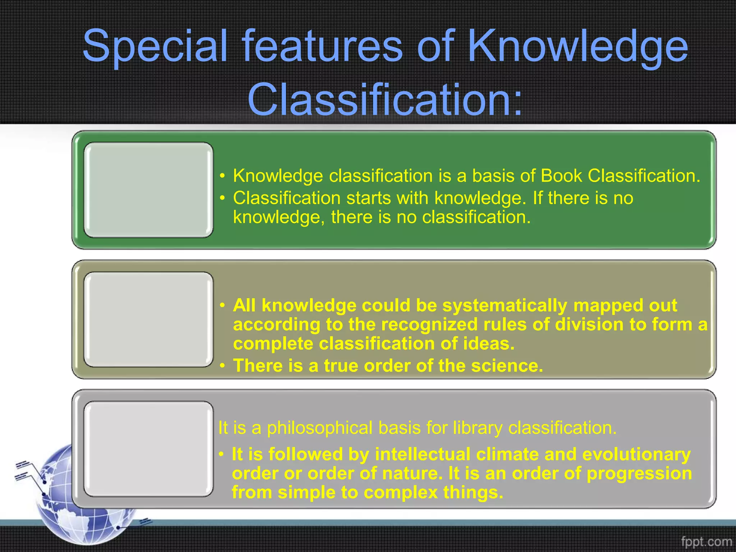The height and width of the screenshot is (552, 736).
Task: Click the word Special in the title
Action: (155, 47)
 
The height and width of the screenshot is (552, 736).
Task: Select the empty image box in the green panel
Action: (148, 190)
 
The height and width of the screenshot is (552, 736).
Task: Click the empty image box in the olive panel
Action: (148, 319)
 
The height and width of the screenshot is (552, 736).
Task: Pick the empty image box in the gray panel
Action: (148, 449)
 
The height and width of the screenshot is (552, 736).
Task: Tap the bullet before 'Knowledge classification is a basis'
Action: (223, 176)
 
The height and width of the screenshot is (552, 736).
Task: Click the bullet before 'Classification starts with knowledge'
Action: (223, 198)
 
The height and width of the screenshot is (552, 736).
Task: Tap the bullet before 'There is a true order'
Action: (223, 366)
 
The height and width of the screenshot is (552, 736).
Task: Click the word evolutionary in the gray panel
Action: (636, 454)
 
